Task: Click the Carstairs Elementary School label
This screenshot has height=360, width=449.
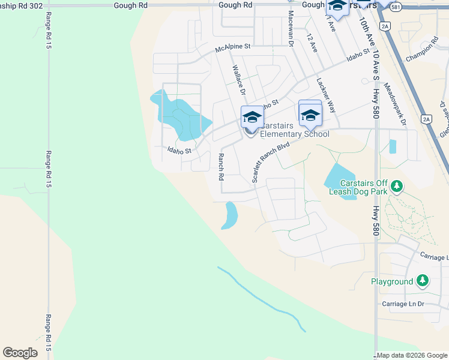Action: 295,130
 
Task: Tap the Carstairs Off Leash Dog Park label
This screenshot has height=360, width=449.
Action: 360,187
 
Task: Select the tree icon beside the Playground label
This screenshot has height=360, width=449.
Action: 423,281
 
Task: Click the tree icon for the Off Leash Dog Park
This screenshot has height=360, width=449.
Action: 396,187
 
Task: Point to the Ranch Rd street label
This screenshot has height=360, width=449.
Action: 221,167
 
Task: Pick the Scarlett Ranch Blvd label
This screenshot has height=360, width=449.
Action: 271,162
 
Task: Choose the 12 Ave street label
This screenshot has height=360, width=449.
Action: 310,43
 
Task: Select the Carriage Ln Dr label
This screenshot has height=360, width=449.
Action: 403,305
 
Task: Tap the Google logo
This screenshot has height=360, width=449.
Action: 20,353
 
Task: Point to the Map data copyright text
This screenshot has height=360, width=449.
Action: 412,355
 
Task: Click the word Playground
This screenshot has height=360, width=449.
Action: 391,281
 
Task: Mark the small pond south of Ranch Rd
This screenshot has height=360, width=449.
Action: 229,215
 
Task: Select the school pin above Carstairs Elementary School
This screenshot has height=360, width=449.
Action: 252,116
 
